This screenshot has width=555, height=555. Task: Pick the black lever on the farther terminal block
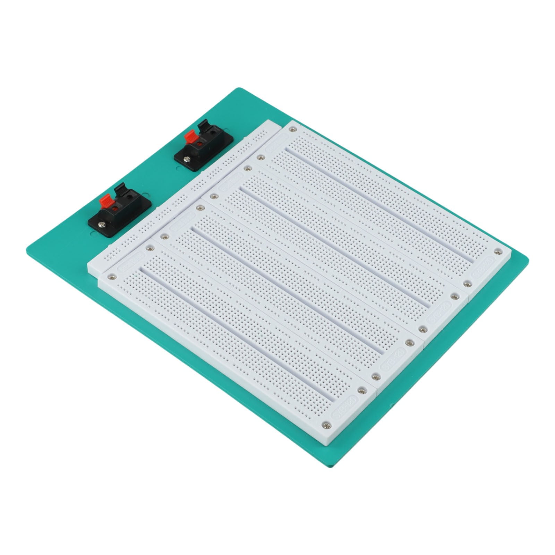coord(204,126)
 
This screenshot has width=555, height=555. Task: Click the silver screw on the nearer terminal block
coord(101,225)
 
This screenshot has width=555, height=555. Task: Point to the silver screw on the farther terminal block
coord(187,159)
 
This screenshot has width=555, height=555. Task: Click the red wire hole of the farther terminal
coord(199,144)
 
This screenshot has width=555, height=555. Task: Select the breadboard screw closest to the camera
coord(326,425)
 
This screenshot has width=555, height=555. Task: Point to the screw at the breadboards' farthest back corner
coord(293,129)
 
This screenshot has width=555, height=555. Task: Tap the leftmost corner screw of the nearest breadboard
coord(112,277)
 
